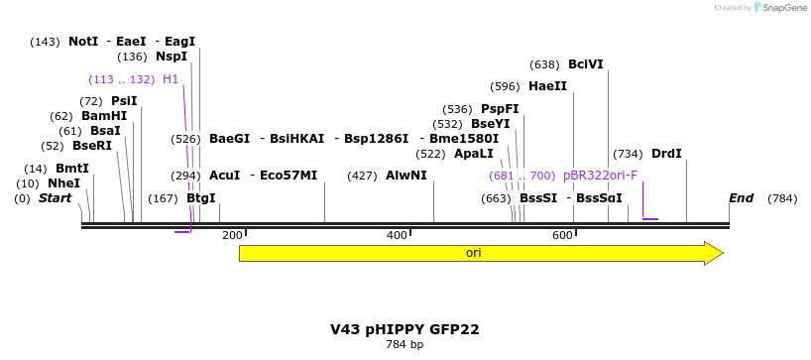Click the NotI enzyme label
[83, 42]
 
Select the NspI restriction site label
[171, 57]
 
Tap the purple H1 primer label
[171, 79]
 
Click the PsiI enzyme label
[124, 101]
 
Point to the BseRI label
[92, 146]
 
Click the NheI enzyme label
[63, 183]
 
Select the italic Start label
[56, 198]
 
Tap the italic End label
[742, 198]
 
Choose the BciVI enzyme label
[585, 64]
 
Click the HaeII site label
[547, 86]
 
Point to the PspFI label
[500, 109]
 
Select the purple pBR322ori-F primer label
[600, 176]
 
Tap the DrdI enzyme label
[666, 154]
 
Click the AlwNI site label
[405, 176]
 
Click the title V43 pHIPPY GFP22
[405, 328]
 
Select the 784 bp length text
[405, 345]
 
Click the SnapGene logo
[780, 8]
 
